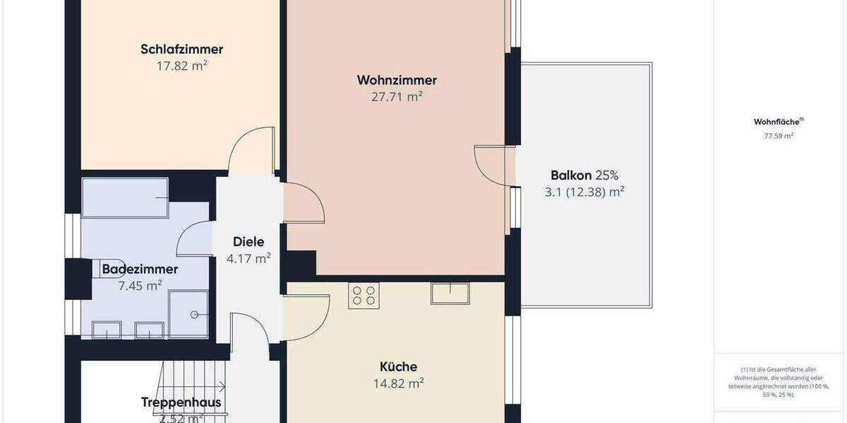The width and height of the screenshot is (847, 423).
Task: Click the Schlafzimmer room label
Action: pos(181,49)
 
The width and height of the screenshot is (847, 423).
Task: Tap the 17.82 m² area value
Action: pos(181,66)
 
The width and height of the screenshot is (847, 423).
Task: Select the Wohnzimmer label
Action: pos(397,80)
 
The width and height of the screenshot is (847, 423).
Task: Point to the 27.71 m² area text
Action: pos(397,97)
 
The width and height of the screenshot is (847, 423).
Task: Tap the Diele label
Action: pos(248,243)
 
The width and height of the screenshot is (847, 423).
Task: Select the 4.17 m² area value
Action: pos(248,259)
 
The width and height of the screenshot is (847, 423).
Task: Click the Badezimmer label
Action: pos(140,269)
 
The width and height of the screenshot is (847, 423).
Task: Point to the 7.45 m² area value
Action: pos(140,285)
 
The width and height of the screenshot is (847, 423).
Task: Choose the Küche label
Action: pos(398,367)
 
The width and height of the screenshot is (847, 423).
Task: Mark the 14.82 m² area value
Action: pos(398,384)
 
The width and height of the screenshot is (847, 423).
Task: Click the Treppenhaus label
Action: pos(181,403)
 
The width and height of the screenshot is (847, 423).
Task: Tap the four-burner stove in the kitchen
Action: pos(364,295)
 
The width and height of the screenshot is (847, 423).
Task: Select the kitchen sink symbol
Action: pos(450,293)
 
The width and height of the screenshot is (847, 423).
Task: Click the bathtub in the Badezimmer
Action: pos(125,197)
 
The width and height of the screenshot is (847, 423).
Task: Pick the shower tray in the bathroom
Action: pos(188,314)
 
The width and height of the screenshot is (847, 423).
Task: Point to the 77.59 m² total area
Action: pos(778,136)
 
